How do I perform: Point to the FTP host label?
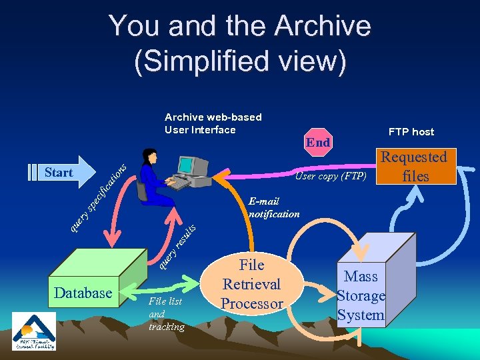click(411, 131)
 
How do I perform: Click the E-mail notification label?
click(273, 207)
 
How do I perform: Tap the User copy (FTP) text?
click(331, 176)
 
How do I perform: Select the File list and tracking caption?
click(166, 314)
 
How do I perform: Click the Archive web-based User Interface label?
click(213, 123)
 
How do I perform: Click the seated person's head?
click(153, 157)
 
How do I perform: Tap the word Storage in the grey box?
click(361, 296)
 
